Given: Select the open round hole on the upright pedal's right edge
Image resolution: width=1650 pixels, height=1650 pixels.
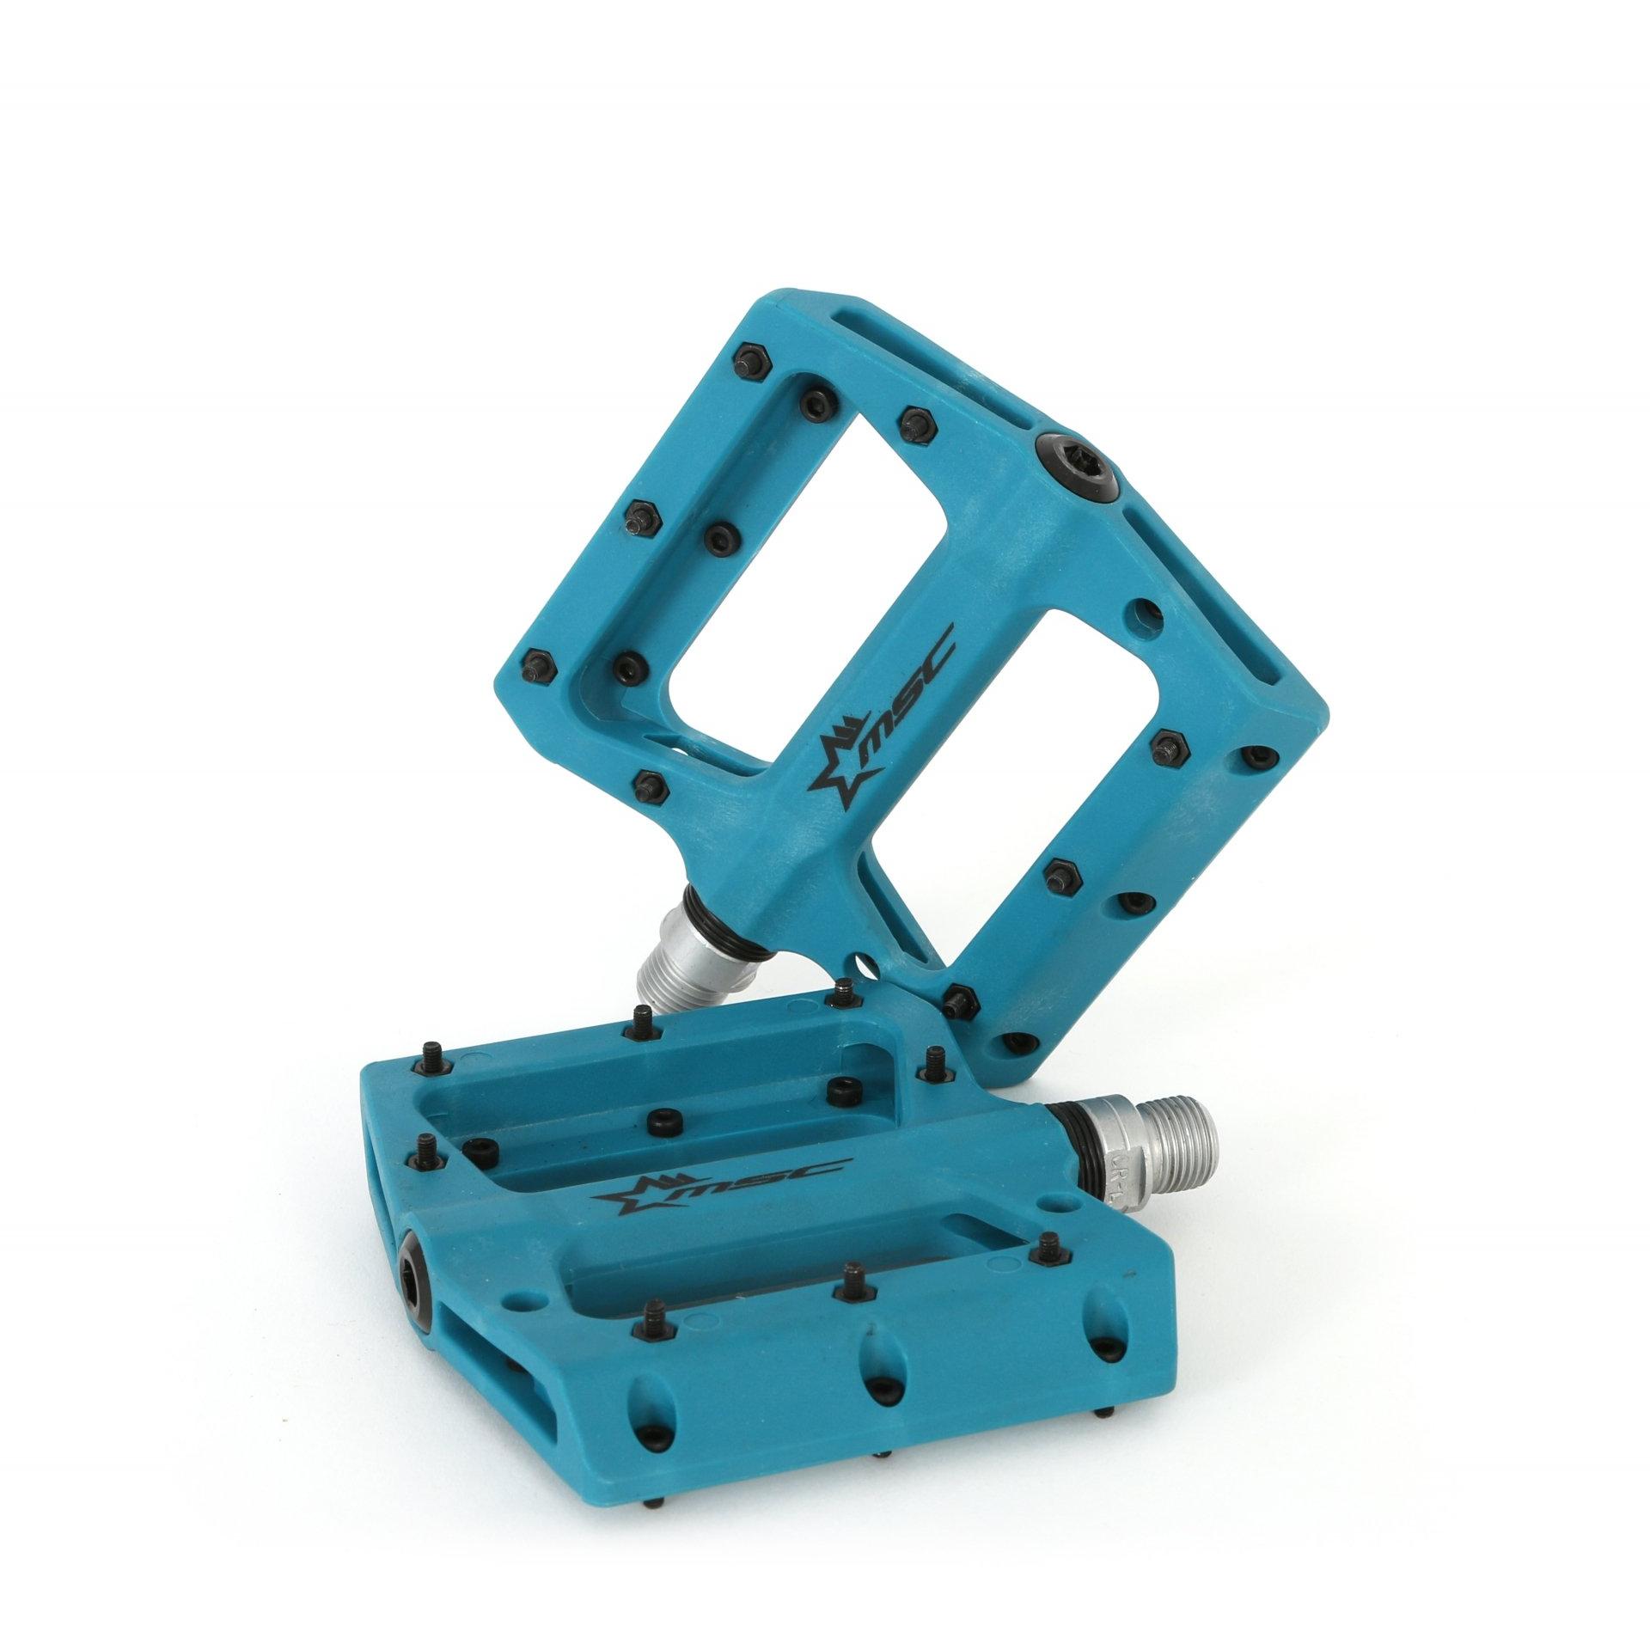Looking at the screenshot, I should [x=1146, y=613].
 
